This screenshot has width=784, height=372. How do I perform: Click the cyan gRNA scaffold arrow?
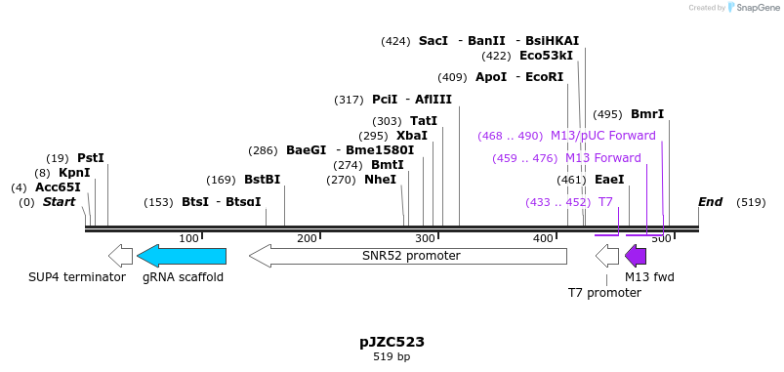182,256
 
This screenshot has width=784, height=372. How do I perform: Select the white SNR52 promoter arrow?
408,256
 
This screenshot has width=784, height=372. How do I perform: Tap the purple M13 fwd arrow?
636,256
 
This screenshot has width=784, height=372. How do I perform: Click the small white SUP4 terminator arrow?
120,256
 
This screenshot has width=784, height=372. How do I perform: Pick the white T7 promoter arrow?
607,256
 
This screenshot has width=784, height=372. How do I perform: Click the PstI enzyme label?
91,158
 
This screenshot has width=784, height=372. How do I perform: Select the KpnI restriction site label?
74,173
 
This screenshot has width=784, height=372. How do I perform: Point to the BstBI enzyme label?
262,180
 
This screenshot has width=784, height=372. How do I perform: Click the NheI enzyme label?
380,180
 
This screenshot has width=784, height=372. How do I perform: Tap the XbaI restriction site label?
412,136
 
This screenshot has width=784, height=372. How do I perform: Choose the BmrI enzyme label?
647,114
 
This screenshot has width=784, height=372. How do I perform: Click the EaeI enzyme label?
609,180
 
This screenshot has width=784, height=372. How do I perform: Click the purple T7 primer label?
605,202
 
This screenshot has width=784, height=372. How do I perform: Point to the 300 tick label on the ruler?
426,238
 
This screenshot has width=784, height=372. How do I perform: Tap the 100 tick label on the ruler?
190,238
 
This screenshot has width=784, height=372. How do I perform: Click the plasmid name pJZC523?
392,342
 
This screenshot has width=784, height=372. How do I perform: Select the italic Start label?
59,202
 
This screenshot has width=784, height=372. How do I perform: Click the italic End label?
710,202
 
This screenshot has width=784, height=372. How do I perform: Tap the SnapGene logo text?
758,8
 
